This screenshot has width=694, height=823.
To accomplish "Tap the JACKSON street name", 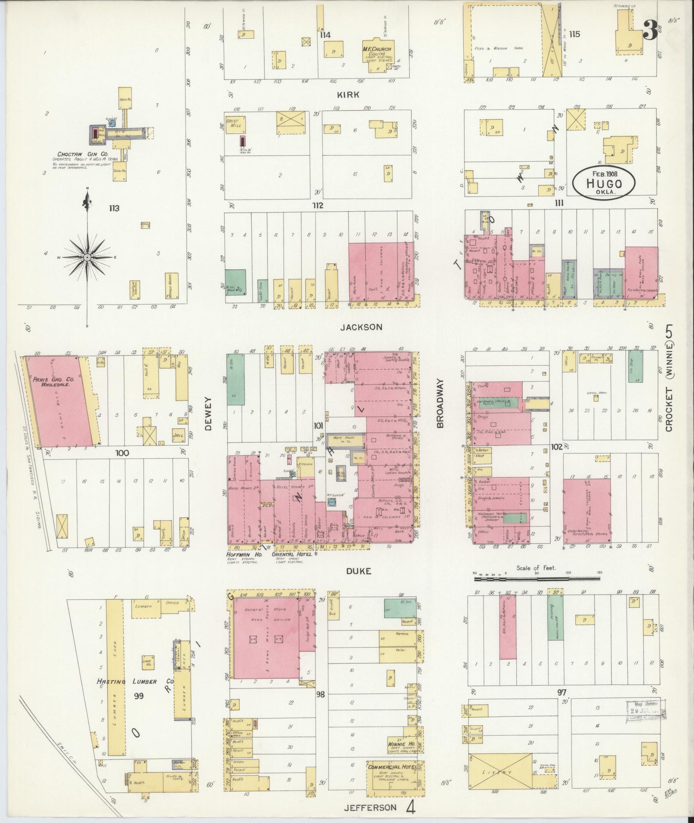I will [361, 327].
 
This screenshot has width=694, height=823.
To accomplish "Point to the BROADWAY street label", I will [440, 403].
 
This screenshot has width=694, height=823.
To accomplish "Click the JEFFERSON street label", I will [370, 807].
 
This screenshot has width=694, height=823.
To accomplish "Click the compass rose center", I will [87, 257].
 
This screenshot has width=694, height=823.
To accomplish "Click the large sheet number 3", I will [651, 30].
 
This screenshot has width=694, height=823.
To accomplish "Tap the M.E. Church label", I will [376, 49].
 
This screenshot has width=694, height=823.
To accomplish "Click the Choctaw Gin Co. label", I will [83, 154].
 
